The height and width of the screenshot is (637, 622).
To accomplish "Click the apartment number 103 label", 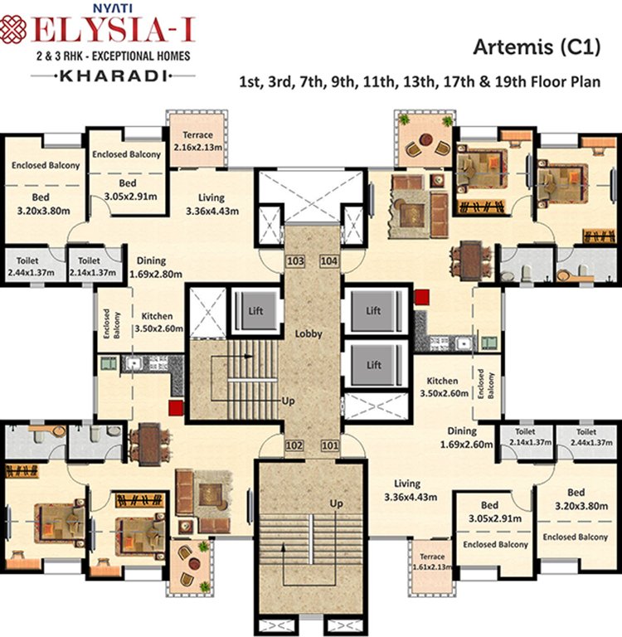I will pos(294,261).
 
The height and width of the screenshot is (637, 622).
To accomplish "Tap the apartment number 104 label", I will pos(329,261).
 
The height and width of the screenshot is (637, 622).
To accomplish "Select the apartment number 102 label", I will pos(294,445).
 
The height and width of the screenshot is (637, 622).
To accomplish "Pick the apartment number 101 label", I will pos(329,445).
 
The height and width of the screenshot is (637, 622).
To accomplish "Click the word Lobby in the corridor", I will pos(308,334).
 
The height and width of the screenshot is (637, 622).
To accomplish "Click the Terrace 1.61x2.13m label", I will pos(430,562).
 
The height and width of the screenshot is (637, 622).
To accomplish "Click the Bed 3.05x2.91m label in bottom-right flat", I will pos(489,512).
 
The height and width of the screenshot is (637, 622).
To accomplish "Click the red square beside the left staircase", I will pos(175,406).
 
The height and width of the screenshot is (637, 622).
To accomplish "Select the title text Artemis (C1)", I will pos(536,48).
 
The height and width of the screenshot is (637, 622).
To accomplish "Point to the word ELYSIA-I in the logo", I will pos(115,32).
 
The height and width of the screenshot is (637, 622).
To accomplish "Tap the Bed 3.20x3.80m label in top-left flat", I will pos(41,204).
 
